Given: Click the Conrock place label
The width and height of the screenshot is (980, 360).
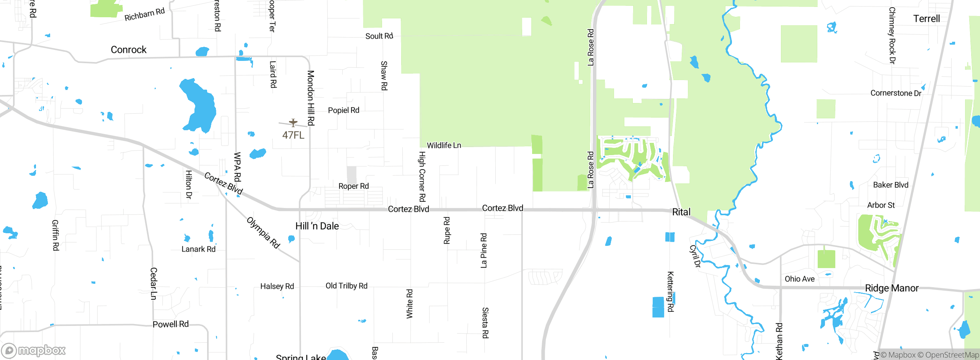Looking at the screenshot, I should (129, 50).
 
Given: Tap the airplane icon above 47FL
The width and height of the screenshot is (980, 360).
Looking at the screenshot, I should (293, 123).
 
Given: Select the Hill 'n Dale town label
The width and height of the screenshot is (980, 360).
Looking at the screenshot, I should (317, 226).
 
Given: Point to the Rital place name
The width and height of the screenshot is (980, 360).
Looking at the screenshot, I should (681, 212).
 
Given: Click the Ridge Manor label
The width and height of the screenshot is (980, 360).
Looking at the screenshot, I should (892, 288).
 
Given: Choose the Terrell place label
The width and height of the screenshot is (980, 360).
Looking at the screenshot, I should (926, 18).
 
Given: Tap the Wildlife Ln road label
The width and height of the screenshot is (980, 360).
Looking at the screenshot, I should (444, 145).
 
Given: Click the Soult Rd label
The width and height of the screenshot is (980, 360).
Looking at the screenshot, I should (379, 36).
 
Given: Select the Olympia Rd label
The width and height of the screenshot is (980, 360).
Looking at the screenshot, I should (263, 232).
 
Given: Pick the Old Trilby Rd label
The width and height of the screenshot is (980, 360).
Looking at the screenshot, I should (346, 286).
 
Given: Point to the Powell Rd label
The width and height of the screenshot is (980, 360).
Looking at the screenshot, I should (171, 324).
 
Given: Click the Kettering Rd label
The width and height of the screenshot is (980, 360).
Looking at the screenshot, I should (670, 291).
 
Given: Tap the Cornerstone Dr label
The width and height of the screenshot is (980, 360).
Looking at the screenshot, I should (896, 93).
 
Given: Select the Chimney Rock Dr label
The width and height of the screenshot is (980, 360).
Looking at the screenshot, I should (892, 35).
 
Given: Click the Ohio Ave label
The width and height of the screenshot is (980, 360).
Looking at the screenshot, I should (799, 279).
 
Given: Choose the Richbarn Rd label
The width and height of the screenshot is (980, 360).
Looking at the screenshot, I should (144, 15).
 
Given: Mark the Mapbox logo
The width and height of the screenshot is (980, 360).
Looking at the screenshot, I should (34, 350).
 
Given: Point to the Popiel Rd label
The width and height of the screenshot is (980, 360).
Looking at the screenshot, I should (343, 110).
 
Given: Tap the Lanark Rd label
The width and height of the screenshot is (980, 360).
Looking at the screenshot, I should (198, 249).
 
